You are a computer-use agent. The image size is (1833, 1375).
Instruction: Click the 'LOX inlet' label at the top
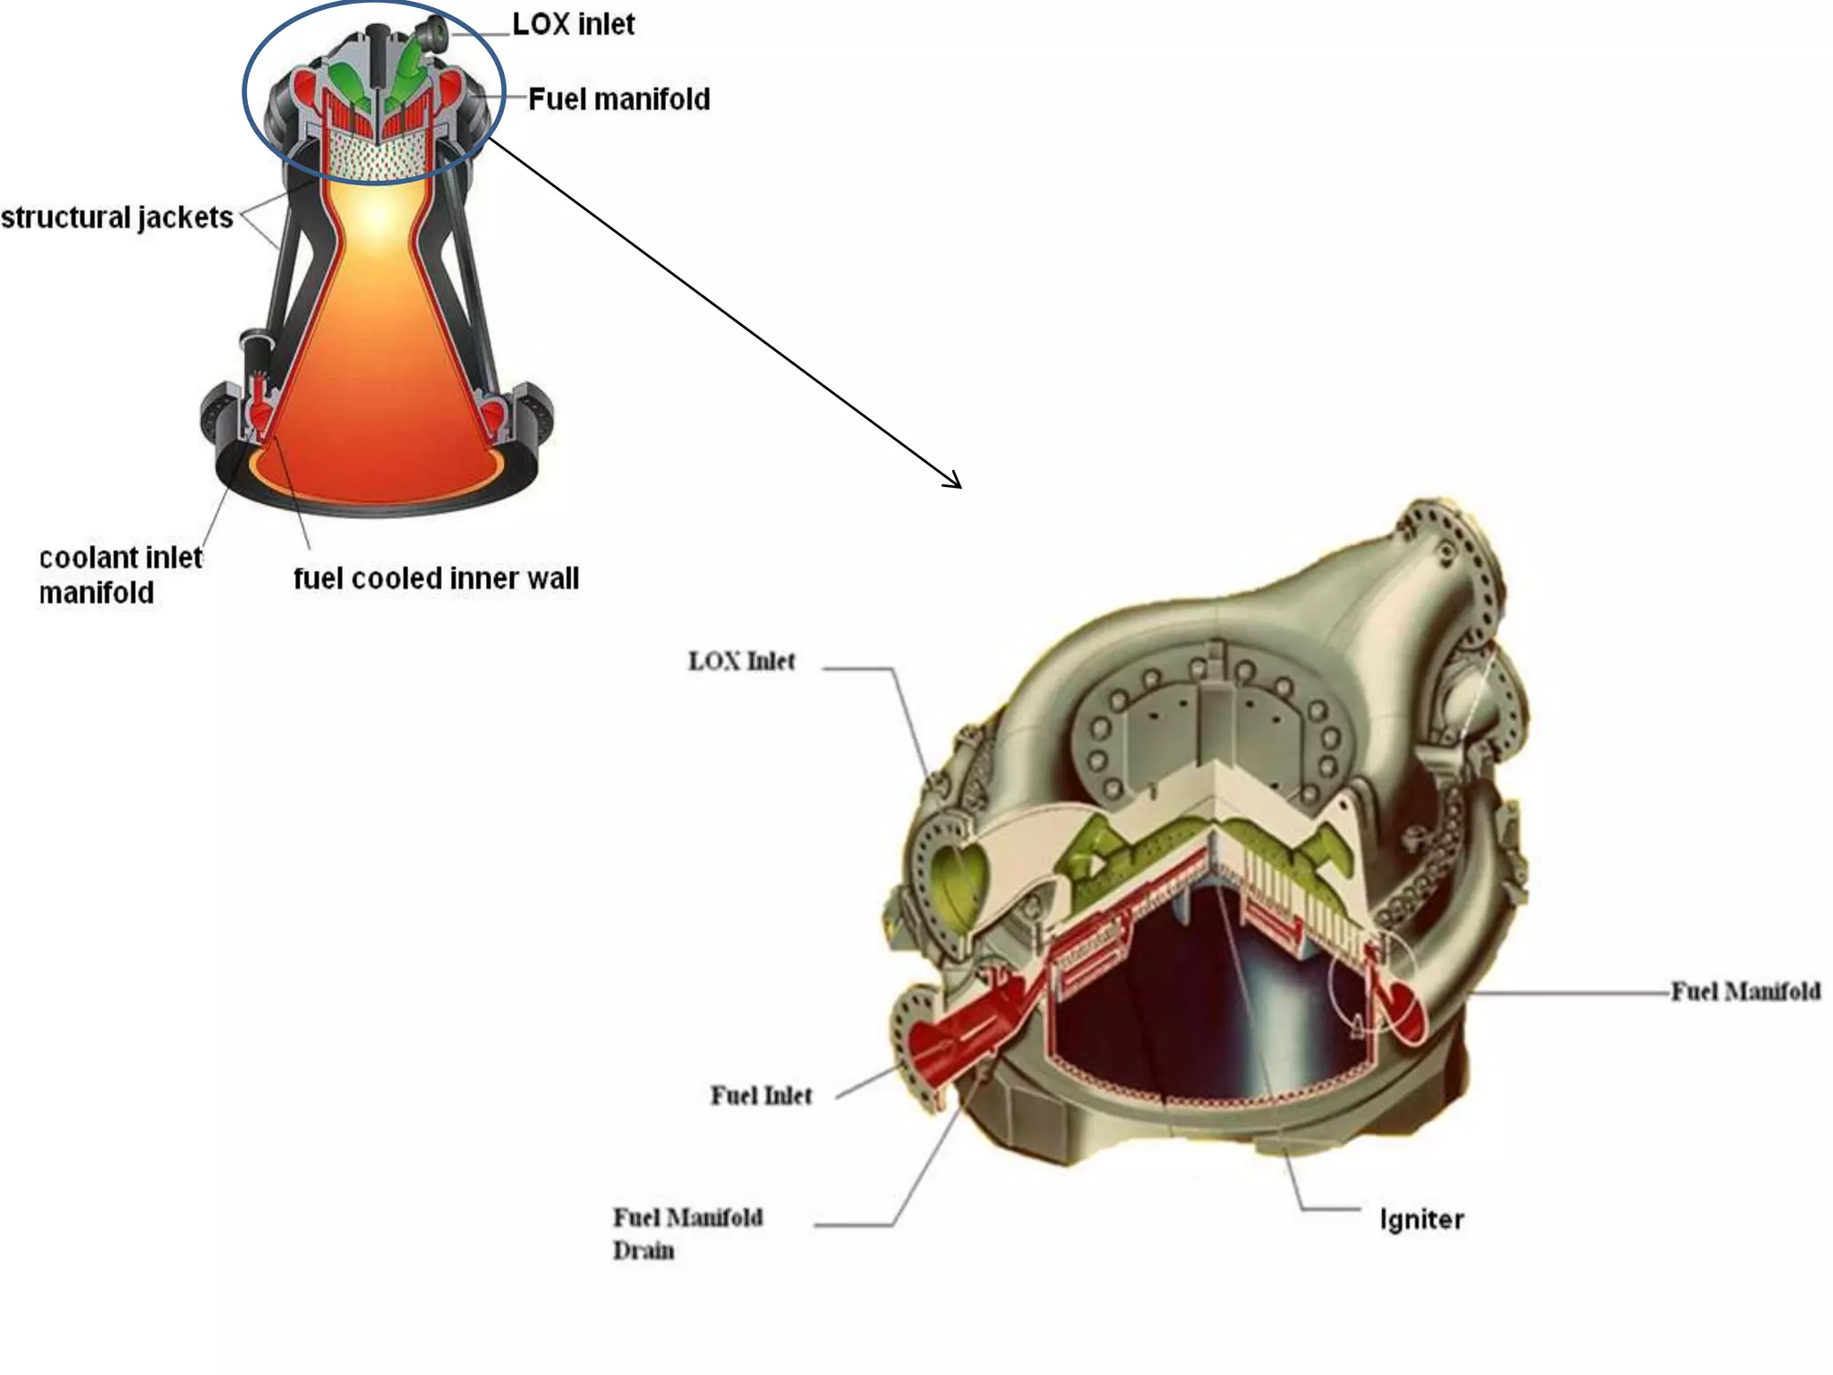click(x=573, y=24)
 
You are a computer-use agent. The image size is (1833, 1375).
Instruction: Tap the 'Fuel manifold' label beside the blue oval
click(x=618, y=99)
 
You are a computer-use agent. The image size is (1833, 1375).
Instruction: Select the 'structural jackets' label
click(x=116, y=218)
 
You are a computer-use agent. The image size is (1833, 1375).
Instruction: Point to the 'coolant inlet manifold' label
click(x=120, y=575)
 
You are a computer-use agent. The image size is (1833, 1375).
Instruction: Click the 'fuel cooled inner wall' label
click(x=436, y=578)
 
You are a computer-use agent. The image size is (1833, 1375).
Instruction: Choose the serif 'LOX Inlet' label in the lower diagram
click(x=741, y=662)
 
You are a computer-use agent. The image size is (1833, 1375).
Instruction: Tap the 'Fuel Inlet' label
click(x=761, y=1096)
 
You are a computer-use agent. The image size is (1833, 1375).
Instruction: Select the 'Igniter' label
click(x=1421, y=1219)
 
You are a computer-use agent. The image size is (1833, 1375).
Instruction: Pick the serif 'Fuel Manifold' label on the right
click(x=1745, y=991)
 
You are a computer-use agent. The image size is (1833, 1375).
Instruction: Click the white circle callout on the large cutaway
click(x=1371, y=985)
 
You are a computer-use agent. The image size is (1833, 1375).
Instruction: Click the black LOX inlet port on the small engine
click(x=439, y=32)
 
